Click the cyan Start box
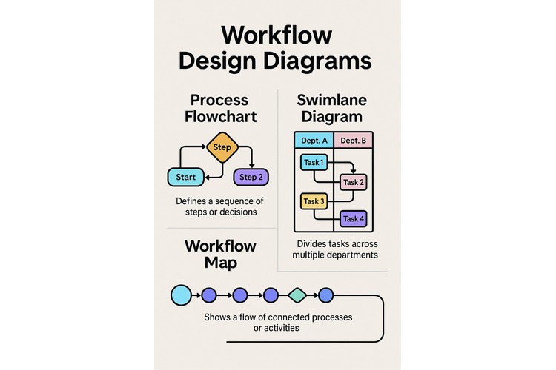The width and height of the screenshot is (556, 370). pyautogui.click(x=185, y=177)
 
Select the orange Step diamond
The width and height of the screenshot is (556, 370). pyautogui.click(x=222, y=147)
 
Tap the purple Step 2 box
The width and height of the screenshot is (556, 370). pyautogui.click(x=251, y=177)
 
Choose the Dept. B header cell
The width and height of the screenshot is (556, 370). pyautogui.click(x=353, y=140)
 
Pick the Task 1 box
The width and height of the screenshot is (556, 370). pyautogui.click(x=313, y=163)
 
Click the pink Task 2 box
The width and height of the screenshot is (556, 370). pyautogui.click(x=353, y=182)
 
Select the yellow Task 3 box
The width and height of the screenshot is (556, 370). pyautogui.click(x=313, y=201)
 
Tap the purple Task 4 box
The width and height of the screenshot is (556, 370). pyautogui.click(x=353, y=218)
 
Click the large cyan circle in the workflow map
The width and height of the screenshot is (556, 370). pyautogui.click(x=181, y=295)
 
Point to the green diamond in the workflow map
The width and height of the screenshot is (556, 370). pyautogui.click(x=297, y=295)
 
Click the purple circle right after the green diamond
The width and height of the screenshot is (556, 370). pyautogui.click(x=325, y=295)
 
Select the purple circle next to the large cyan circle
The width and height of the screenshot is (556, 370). pyautogui.click(x=210, y=295)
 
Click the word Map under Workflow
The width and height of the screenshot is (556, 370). pyautogui.click(x=202, y=263)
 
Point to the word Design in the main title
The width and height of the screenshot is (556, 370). pyautogui.click(x=228, y=60)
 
